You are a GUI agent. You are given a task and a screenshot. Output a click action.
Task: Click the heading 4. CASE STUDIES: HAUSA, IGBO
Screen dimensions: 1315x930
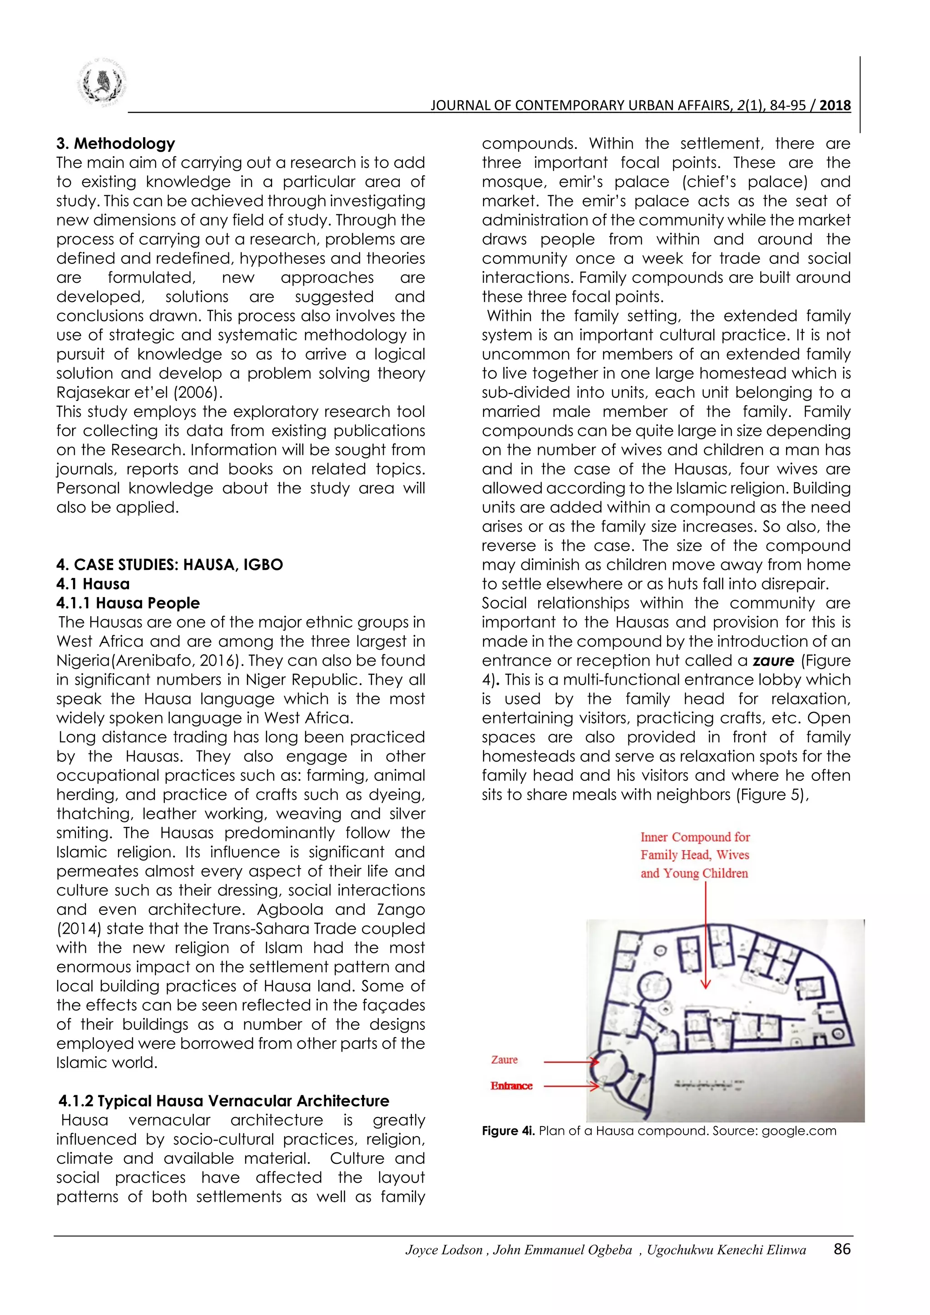coord(169,565)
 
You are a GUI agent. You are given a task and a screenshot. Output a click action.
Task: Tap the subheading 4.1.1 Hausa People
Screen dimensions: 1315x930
coord(128,603)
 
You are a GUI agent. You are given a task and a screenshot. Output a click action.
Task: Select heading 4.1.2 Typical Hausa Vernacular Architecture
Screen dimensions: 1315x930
coord(224,1101)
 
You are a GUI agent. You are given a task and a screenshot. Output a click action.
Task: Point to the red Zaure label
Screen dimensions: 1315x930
coord(504,1060)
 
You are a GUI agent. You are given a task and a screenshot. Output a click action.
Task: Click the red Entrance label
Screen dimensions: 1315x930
coord(511,1086)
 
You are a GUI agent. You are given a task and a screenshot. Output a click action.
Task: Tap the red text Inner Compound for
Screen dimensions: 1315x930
coord(695,837)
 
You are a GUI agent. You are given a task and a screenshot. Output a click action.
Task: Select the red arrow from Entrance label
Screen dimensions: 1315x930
coord(570,1086)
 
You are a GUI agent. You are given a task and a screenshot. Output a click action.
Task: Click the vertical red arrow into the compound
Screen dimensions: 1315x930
coord(706,939)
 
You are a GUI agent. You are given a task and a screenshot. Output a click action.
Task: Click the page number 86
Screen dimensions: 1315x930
coord(842,1249)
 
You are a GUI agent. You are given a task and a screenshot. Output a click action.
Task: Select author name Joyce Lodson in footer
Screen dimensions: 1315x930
coord(444,1250)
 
